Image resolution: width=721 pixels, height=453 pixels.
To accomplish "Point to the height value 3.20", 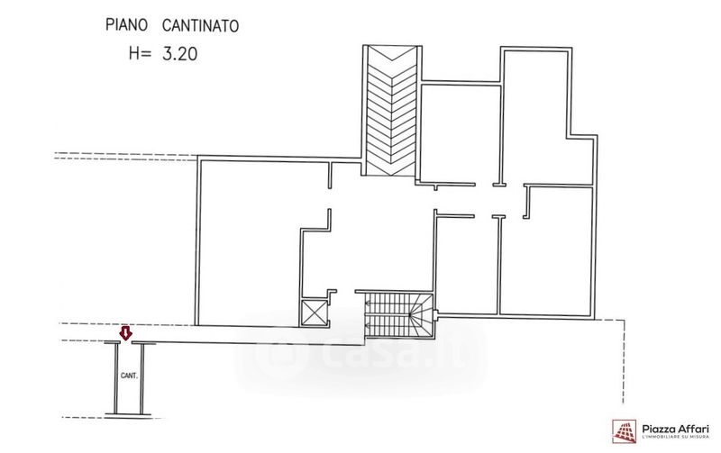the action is point(179,53).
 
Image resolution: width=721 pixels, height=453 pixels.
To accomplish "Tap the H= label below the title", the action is point(141,53).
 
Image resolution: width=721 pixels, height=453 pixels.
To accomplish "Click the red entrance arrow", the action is point(126,334).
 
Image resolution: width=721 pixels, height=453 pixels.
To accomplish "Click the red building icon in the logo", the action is point(625,431).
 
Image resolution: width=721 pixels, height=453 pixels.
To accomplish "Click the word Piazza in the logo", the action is point(659,427).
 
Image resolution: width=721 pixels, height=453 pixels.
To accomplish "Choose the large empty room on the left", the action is point(248,243).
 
